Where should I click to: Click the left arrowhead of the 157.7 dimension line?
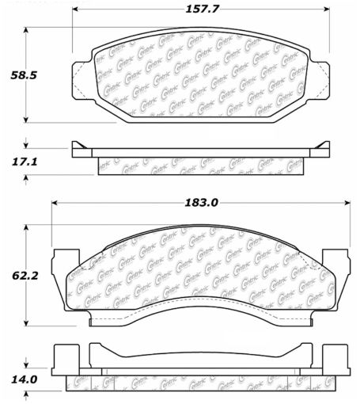(x=77, y=10)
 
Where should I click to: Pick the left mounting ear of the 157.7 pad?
(x=81, y=78)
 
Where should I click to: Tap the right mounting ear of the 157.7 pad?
(x=320, y=78)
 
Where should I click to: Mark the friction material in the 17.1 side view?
(x=200, y=166)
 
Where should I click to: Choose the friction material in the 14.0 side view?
(x=202, y=382)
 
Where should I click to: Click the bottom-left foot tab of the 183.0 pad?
(x=99, y=319)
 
